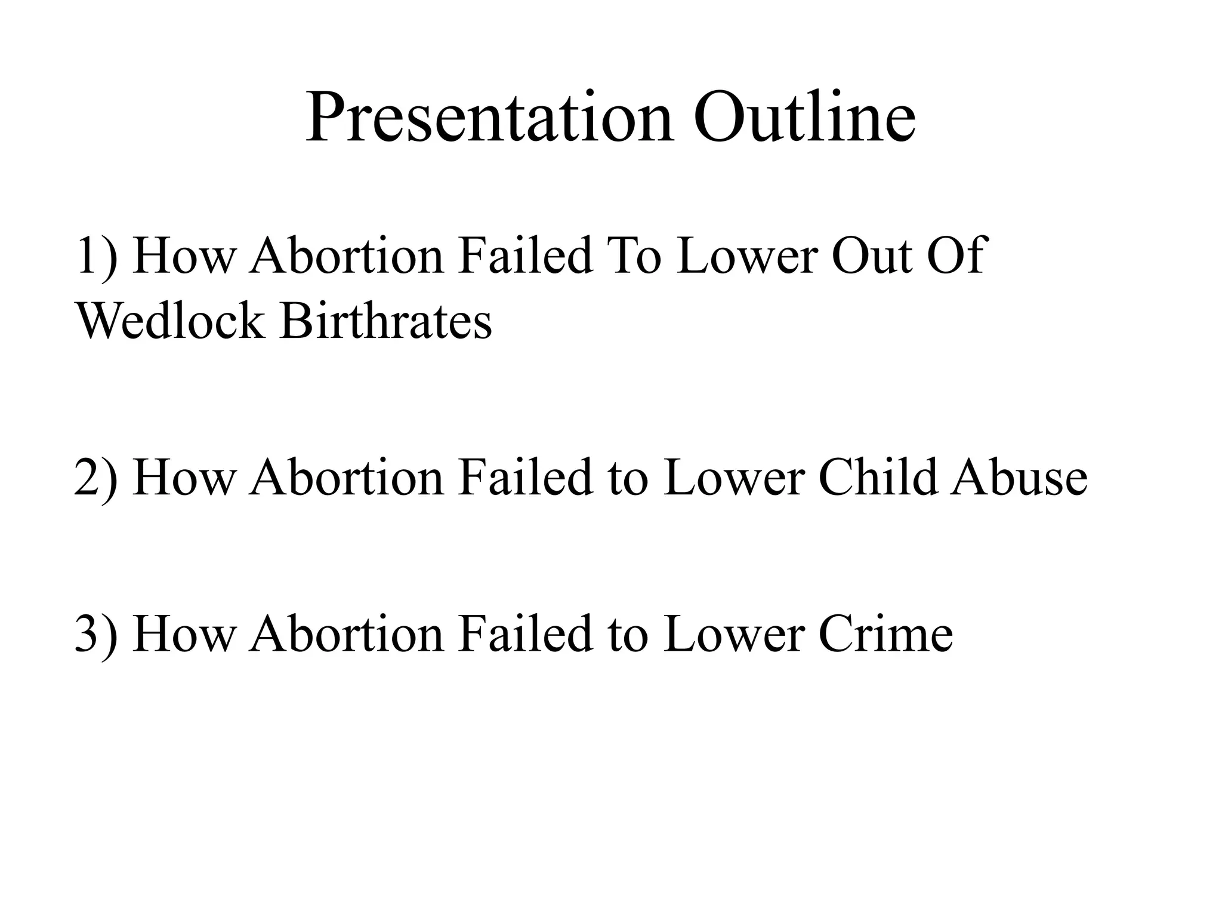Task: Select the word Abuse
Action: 1019,478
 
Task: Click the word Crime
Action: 885,633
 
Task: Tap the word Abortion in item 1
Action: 347,257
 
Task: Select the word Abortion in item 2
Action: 347,478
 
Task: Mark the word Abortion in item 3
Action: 347,633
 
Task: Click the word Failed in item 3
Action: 525,633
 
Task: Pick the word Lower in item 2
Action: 734,478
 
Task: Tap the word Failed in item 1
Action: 525,257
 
